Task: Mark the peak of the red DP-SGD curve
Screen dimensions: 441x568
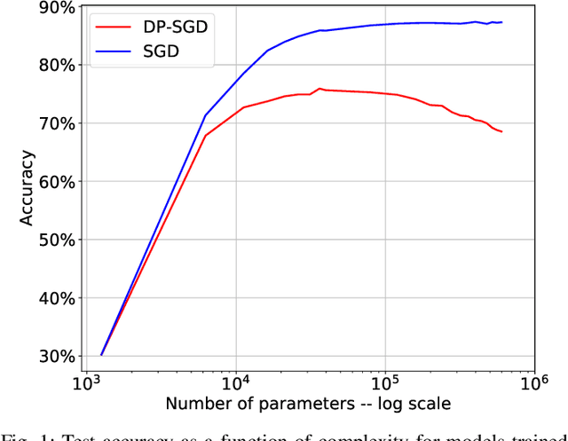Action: (319, 89)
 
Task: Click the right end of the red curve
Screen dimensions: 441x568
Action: (502, 132)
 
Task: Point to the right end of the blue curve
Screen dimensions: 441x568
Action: (502, 22)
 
